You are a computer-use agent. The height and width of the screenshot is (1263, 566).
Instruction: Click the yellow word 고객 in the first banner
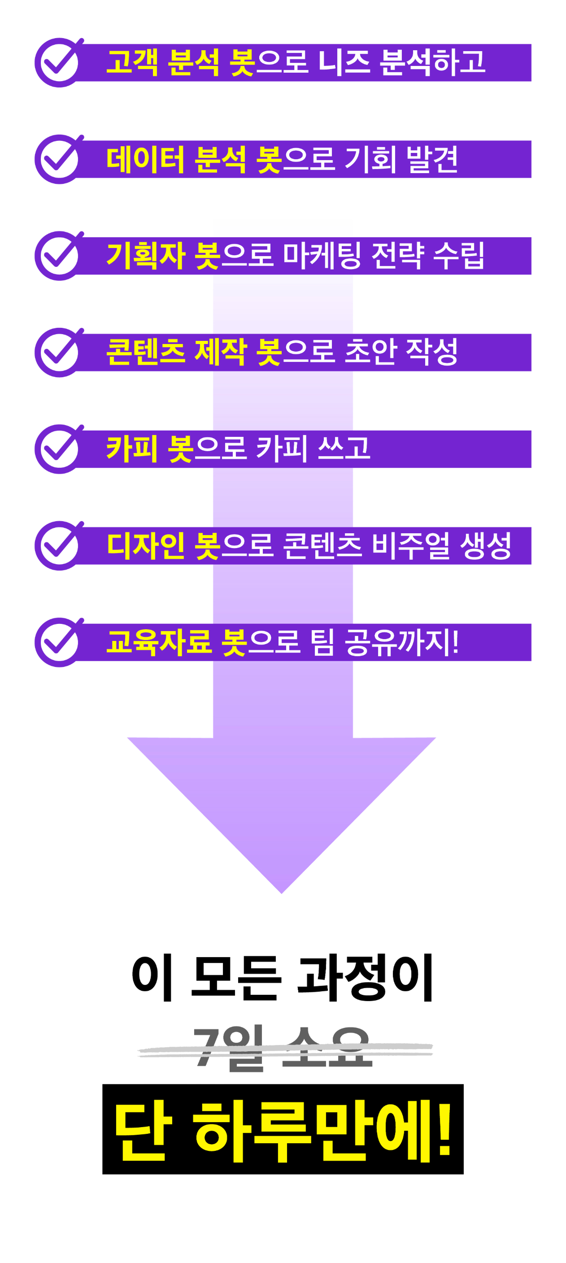pyautogui.click(x=132, y=62)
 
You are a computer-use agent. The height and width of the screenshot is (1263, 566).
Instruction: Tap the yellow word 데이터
pyautogui.click(x=145, y=159)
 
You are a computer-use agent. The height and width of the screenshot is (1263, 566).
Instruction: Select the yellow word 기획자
pyautogui.click(x=146, y=256)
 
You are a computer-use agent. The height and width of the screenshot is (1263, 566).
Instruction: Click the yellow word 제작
pyautogui.click(x=220, y=352)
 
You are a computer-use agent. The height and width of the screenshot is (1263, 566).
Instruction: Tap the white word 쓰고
pyautogui.click(x=344, y=449)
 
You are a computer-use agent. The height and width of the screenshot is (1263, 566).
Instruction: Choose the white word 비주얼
pyautogui.click(x=410, y=545)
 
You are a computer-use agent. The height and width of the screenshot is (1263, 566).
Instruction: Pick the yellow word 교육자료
pyautogui.click(x=159, y=642)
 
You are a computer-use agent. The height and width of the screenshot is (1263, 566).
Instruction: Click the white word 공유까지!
pyautogui.click(x=402, y=642)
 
